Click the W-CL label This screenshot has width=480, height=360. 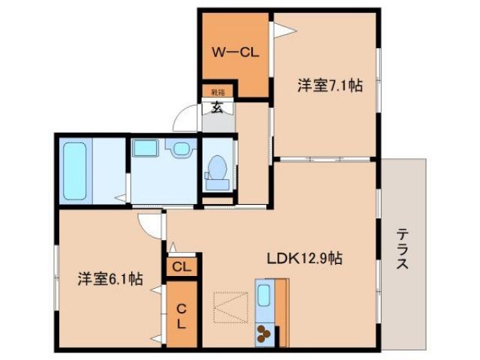coord(234,52)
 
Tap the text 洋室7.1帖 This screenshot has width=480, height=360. coord(329,86)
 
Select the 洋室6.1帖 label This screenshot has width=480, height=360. coord(109,279)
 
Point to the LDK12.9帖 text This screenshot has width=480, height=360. coord(305,259)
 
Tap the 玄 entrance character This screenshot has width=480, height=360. coord(217,106)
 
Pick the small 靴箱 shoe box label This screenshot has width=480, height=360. coord(217,91)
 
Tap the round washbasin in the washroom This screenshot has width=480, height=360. coord(181,149)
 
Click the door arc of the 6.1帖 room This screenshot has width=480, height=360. coord(149,223)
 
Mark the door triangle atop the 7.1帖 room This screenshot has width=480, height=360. coord(279,31)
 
